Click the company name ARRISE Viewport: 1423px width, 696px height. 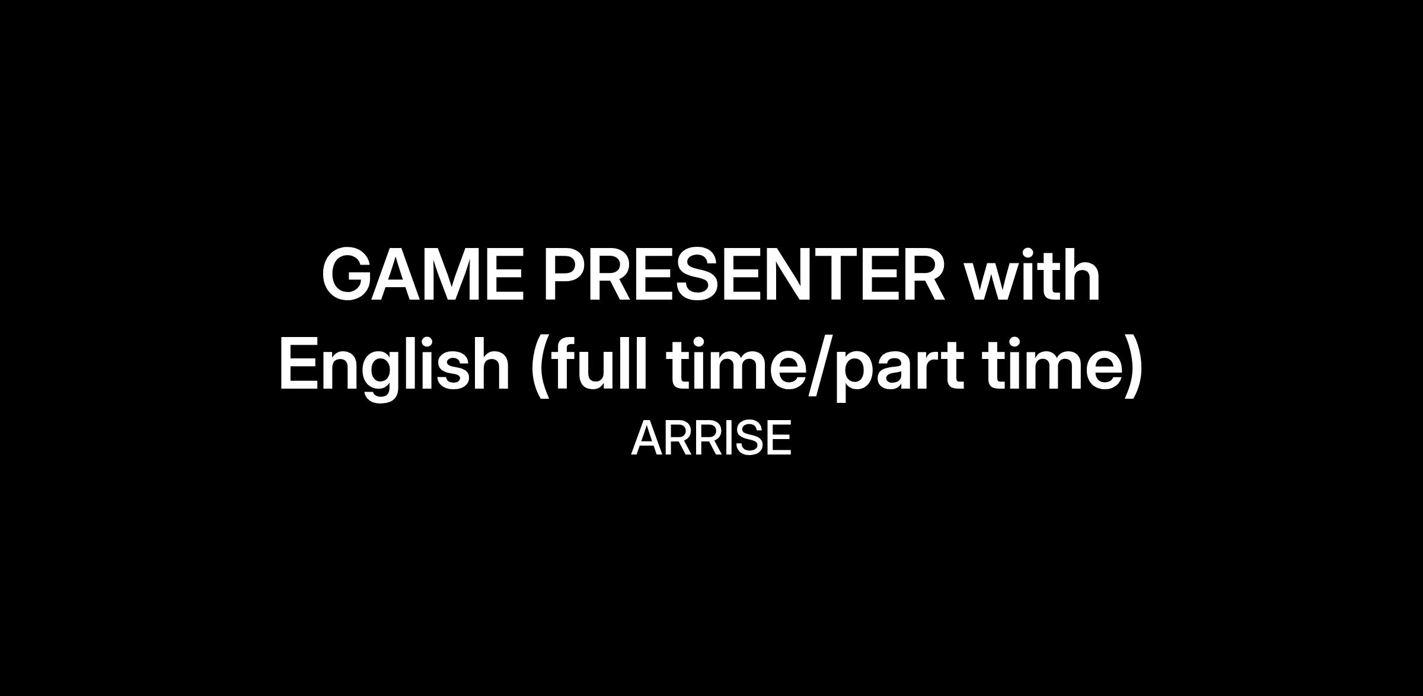[711, 438]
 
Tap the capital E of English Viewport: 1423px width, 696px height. [298, 363]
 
